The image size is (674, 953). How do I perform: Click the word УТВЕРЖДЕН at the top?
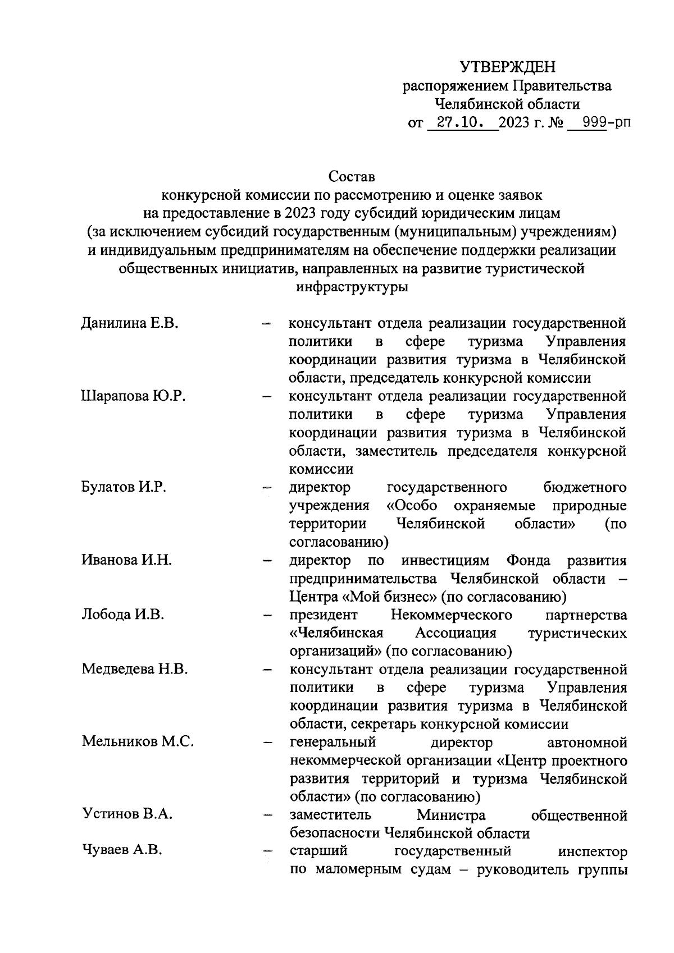(507, 67)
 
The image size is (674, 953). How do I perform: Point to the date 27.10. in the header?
(461, 123)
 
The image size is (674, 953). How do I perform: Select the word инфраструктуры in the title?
(352, 287)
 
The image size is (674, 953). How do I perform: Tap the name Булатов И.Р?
(124, 487)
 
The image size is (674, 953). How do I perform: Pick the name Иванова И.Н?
(126, 560)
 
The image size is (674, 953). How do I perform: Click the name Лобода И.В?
(123, 615)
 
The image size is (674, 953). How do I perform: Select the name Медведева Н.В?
(134, 670)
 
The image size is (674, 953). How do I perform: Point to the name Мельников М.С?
(138, 742)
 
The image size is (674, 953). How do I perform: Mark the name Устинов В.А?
(127, 814)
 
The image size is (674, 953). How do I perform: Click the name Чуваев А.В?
(122, 851)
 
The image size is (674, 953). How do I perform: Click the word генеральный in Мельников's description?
(333, 743)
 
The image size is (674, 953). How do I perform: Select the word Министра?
(451, 815)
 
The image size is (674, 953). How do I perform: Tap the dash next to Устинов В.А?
(267, 815)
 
